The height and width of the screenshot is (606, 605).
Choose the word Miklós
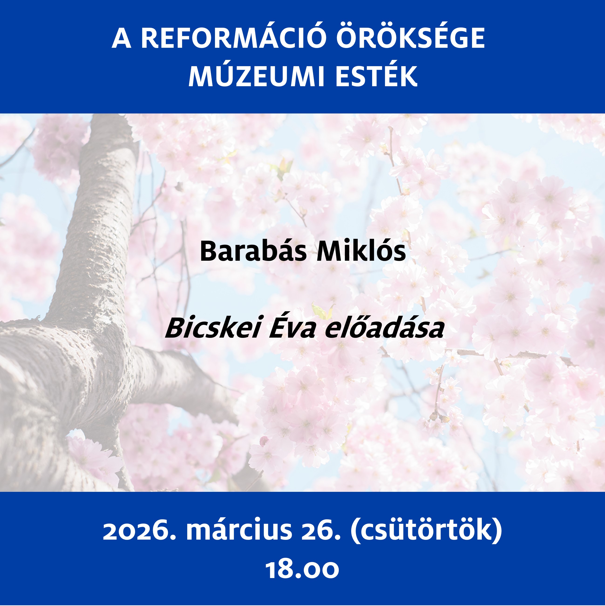click(x=361, y=252)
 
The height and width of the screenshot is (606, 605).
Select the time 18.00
click(x=302, y=570)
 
